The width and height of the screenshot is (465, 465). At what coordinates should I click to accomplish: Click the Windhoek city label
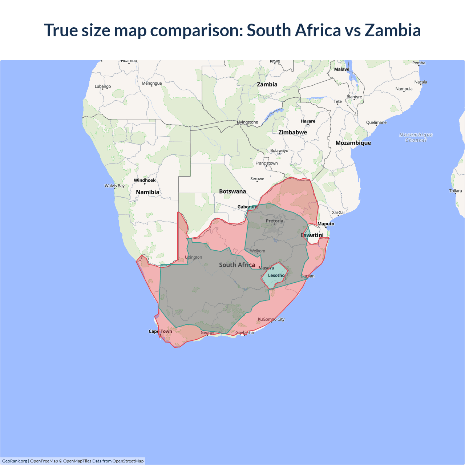pyautogui.click(x=145, y=180)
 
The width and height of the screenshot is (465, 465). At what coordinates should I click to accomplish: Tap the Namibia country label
pyautogui.click(x=147, y=192)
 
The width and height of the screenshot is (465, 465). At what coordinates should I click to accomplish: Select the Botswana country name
pyautogui.click(x=232, y=191)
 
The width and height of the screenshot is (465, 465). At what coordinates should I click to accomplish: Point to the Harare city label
pyautogui.click(x=308, y=121)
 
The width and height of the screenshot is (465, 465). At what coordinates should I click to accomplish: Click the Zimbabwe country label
pyautogui.click(x=293, y=133)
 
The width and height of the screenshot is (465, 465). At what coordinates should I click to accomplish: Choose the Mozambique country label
pyautogui.click(x=353, y=143)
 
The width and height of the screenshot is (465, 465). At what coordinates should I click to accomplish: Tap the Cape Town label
pyautogui.click(x=160, y=331)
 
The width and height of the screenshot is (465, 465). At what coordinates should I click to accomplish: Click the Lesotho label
pyautogui.click(x=276, y=275)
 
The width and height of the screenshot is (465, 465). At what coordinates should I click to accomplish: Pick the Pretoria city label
pyautogui.click(x=274, y=221)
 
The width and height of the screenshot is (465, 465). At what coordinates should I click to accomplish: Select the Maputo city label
pyautogui.click(x=326, y=224)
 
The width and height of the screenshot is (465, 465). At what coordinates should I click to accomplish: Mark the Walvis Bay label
pyautogui.click(x=114, y=186)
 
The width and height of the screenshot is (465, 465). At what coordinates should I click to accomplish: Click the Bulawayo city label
pyautogui.click(x=279, y=151)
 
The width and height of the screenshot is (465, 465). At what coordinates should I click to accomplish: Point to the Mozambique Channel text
pyautogui.click(x=416, y=137)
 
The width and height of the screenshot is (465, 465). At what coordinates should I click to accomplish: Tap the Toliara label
pyautogui.click(x=455, y=191)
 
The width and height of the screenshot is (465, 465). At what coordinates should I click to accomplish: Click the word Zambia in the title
pyautogui.click(x=393, y=30)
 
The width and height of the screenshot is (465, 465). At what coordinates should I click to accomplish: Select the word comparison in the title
pyautogui.click(x=197, y=30)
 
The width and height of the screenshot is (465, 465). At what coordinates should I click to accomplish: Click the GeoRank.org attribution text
pyautogui.click(x=15, y=461)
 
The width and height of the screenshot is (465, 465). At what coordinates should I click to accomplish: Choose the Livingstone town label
pyautogui.click(x=247, y=122)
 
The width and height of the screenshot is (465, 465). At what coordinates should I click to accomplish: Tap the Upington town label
pyautogui.click(x=193, y=257)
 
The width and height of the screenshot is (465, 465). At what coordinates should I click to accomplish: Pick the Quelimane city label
pyautogui.click(x=376, y=122)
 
